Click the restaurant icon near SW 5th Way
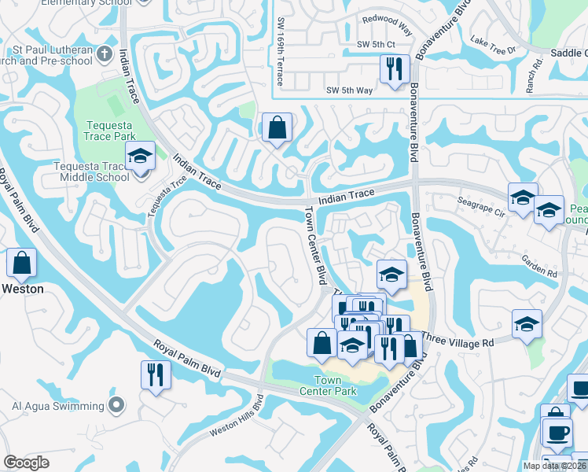point(394,68)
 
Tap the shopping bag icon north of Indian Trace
point(277,127)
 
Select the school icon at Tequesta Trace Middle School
point(141,157)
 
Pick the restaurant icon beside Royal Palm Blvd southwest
point(155,374)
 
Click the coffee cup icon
point(557,433)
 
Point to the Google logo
point(27,463)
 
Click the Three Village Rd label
point(458,341)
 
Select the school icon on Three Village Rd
point(527,323)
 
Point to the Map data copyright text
point(554,466)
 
